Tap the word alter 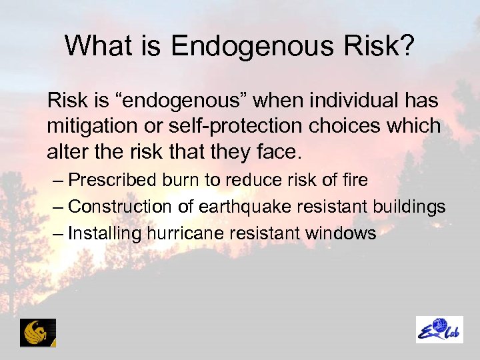[64, 152]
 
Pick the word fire [353, 181]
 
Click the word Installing [103, 234]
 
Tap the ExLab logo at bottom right [439, 330]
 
